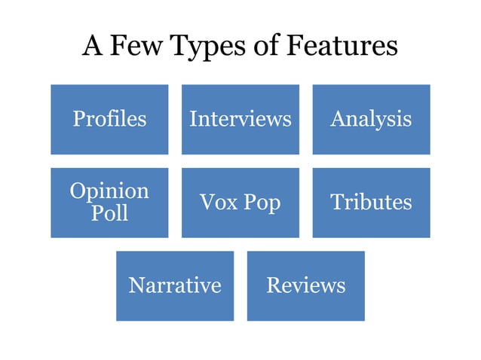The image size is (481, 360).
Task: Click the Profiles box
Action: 109,119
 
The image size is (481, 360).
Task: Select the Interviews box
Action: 240,119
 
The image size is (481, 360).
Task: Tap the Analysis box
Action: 371,119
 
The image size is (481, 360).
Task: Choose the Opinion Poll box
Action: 109,202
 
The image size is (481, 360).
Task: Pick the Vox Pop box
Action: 240,202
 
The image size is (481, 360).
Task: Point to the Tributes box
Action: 371,202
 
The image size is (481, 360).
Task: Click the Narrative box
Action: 175,285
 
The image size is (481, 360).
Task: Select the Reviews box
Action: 305,285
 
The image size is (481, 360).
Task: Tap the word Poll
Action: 109,213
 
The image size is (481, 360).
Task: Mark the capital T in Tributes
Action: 336,202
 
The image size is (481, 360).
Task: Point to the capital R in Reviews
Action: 272,285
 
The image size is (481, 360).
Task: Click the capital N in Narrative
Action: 136,285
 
